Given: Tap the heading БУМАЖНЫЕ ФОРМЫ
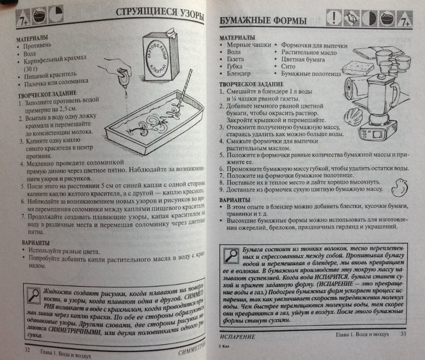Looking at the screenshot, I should click(263, 21).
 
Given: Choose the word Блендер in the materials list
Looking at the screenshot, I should click(238, 73).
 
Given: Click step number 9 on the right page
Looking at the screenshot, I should click(222, 189).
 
